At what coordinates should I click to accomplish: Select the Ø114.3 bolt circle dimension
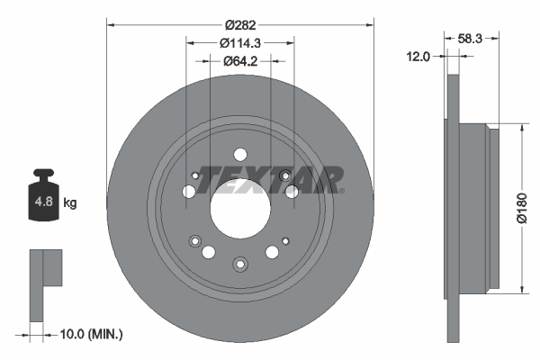point(239,41)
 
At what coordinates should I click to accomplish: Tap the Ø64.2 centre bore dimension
point(239,61)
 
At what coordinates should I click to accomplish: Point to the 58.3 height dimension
point(471,39)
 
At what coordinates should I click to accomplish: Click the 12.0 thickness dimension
point(419,56)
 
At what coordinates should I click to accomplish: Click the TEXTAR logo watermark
point(270,179)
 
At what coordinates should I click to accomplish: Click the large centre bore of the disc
point(239,210)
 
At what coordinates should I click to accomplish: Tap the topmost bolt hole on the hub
point(239,154)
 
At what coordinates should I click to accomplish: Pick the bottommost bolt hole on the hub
point(239,264)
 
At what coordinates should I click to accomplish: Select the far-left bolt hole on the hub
point(188,192)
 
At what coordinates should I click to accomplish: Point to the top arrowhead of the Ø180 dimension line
point(522,129)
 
